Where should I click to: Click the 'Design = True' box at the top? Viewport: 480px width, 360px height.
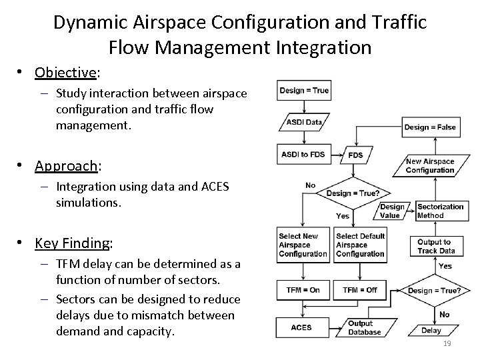click(x=303, y=90)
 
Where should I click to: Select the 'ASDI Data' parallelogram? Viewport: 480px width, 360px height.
click(x=304, y=122)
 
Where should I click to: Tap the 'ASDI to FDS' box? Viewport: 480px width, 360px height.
click(x=303, y=155)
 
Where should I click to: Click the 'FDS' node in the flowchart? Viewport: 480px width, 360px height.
click(x=355, y=155)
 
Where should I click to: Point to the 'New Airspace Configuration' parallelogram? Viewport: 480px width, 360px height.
click(x=429, y=165)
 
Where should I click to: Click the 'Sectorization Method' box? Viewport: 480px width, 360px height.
click(x=440, y=211)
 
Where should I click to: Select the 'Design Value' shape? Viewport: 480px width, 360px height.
click(x=391, y=211)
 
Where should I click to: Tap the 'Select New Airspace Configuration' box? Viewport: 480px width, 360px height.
click(x=303, y=245)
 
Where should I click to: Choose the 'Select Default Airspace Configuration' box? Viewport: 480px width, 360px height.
click(x=360, y=245)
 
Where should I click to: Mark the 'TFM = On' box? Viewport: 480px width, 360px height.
click(x=303, y=289)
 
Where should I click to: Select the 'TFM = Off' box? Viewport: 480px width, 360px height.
click(x=360, y=289)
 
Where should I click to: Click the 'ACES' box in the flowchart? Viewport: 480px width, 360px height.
click(x=301, y=327)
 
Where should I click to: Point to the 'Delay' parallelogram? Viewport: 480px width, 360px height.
click(x=431, y=330)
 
